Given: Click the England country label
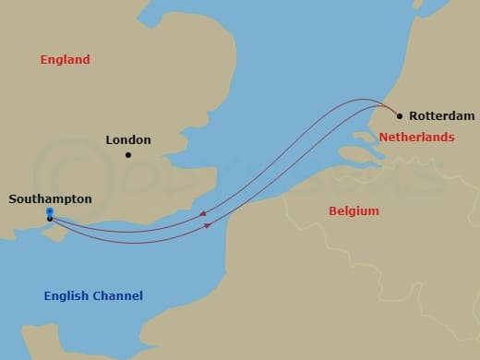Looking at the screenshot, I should (x=65, y=60).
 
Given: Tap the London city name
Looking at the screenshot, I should (x=128, y=140).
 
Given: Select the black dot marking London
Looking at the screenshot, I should (x=128, y=155).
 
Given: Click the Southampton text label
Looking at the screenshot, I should (x=50, y=198).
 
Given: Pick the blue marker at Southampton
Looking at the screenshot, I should (x=49, y=211).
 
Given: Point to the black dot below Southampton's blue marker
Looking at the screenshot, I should (x=49, y=219).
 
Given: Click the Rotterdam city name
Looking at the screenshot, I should (x=441, y=116).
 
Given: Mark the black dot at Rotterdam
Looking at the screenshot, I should (x=400, y=116).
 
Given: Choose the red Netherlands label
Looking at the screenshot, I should (x=416, y=138).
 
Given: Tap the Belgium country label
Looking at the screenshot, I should (x=354, y=211).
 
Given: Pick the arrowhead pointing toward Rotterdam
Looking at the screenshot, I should (x=208, y=224).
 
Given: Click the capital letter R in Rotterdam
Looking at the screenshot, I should (x=413, y=116).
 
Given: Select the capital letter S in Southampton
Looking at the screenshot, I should (x=12, y=198).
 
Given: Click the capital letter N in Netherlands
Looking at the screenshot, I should (x=383, y=138).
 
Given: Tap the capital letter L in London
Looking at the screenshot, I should (x=110, y=140).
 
